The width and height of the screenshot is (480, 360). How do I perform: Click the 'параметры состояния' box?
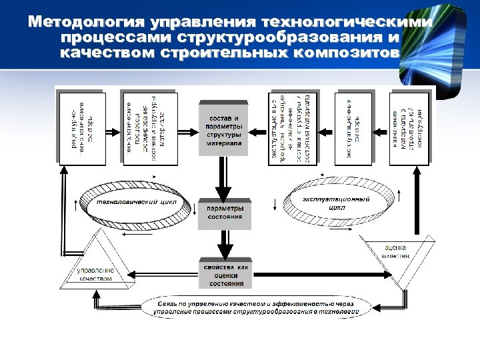pyautogui.click(x=224, y=213)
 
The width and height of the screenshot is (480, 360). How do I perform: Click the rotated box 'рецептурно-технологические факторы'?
pyautogui.click(x=83, y=127)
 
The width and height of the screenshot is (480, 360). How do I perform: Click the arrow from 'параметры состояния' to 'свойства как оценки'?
pyautogui.click(x=224, y=244)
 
